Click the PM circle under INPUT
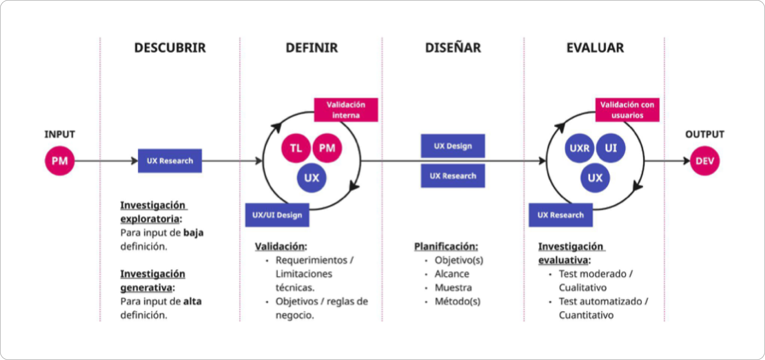tap(60, 161)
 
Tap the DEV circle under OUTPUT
tap(704, 161)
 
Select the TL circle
tap(296, 148)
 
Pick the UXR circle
tap(580, 148)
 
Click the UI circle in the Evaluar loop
tap(610, 148)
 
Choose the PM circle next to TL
tap(327, 148)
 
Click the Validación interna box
tap(346, 110)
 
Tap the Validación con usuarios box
tap(628, 110)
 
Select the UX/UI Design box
tap(277, 215)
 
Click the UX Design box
tap(453, 146)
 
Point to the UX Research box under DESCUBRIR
tap(170, 161)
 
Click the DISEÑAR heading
tap(453, 47)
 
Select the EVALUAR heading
tap(595, 48)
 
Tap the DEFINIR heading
tap(312, 48)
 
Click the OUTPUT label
tap(704, 134)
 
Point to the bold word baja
tap(193, 233)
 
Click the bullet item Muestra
tap(453, 288)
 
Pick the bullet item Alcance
tap(452, 274)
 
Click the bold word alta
tap(192, 301)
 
